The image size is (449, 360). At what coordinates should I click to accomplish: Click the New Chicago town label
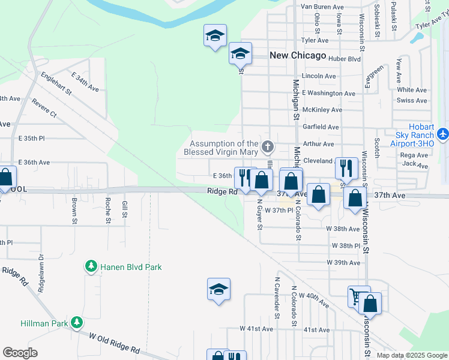click(298, 55)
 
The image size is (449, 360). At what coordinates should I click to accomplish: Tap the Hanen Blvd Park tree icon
click(91, 266)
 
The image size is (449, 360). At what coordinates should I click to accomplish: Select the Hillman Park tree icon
click(76, 323)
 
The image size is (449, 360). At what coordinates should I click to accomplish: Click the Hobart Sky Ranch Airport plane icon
click(443, 133)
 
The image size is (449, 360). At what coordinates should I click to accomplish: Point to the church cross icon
click(268, 146)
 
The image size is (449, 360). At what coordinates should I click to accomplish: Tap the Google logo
click(20, 353)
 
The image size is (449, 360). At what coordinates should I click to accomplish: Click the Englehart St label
click(55, 83)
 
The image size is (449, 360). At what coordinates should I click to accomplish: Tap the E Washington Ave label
click(328, 93)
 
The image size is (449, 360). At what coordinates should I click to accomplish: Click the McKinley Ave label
click(322, 110)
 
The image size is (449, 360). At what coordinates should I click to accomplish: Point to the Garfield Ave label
click(321, 127)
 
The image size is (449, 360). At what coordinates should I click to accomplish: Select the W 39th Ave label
click(343, 263)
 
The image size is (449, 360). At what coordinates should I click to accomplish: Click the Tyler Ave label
click(315, 40)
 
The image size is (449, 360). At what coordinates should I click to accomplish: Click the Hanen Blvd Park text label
click(131, 267)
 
